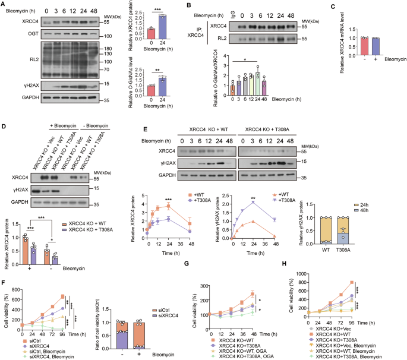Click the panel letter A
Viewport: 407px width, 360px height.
pos(4,5)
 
